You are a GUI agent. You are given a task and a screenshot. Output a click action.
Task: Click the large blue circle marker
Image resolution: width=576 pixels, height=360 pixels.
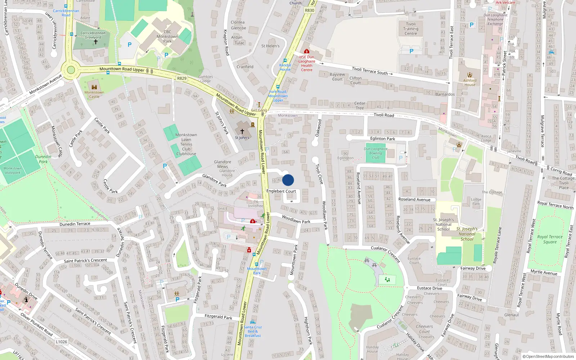[288, 180]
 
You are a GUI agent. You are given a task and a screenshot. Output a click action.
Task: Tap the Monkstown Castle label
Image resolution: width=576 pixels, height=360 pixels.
[94, 94]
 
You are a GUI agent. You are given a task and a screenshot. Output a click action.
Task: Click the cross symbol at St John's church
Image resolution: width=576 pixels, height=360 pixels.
[242, 131]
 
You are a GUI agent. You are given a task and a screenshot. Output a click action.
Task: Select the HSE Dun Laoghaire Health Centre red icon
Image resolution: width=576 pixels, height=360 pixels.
[306, 51]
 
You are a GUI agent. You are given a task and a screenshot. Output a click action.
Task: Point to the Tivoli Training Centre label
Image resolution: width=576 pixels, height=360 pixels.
[411, 29]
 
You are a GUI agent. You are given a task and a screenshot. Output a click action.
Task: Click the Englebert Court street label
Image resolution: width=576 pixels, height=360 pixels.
[281, 191]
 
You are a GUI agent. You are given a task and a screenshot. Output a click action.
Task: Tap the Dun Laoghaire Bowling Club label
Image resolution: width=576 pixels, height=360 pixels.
[375, 153]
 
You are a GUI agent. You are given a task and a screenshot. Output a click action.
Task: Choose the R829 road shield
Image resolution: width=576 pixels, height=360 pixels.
[182, 78]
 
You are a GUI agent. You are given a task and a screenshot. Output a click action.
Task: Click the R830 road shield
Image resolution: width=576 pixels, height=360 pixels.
[310, 10]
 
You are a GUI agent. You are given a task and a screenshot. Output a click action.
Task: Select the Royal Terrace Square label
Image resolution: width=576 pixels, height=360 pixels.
[550, 239]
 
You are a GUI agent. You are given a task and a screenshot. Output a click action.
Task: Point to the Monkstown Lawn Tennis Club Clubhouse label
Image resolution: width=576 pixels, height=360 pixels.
[186, 144]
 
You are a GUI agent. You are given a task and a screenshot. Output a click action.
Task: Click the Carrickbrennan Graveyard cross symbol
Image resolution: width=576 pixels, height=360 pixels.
[95, 42]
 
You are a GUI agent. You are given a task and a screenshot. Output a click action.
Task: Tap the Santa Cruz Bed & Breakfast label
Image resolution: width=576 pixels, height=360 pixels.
[253, 331]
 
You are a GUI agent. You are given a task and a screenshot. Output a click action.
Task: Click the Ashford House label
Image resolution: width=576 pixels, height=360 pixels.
[470, 82]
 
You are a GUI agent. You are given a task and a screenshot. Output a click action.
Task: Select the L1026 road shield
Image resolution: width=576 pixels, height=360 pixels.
[62, 342]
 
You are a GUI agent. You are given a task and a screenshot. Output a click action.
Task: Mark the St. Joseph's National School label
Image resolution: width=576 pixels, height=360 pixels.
[444, 224]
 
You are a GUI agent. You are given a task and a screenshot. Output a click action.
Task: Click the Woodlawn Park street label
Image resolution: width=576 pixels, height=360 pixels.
[296, 220]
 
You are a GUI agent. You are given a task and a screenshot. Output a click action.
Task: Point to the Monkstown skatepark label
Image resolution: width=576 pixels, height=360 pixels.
[13, 170]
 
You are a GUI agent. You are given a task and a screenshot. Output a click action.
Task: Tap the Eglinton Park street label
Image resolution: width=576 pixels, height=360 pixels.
[383, 139]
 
